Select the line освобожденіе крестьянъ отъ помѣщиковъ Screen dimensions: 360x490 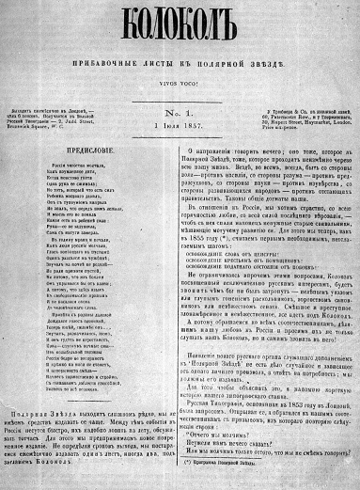(x=263, y=223)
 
